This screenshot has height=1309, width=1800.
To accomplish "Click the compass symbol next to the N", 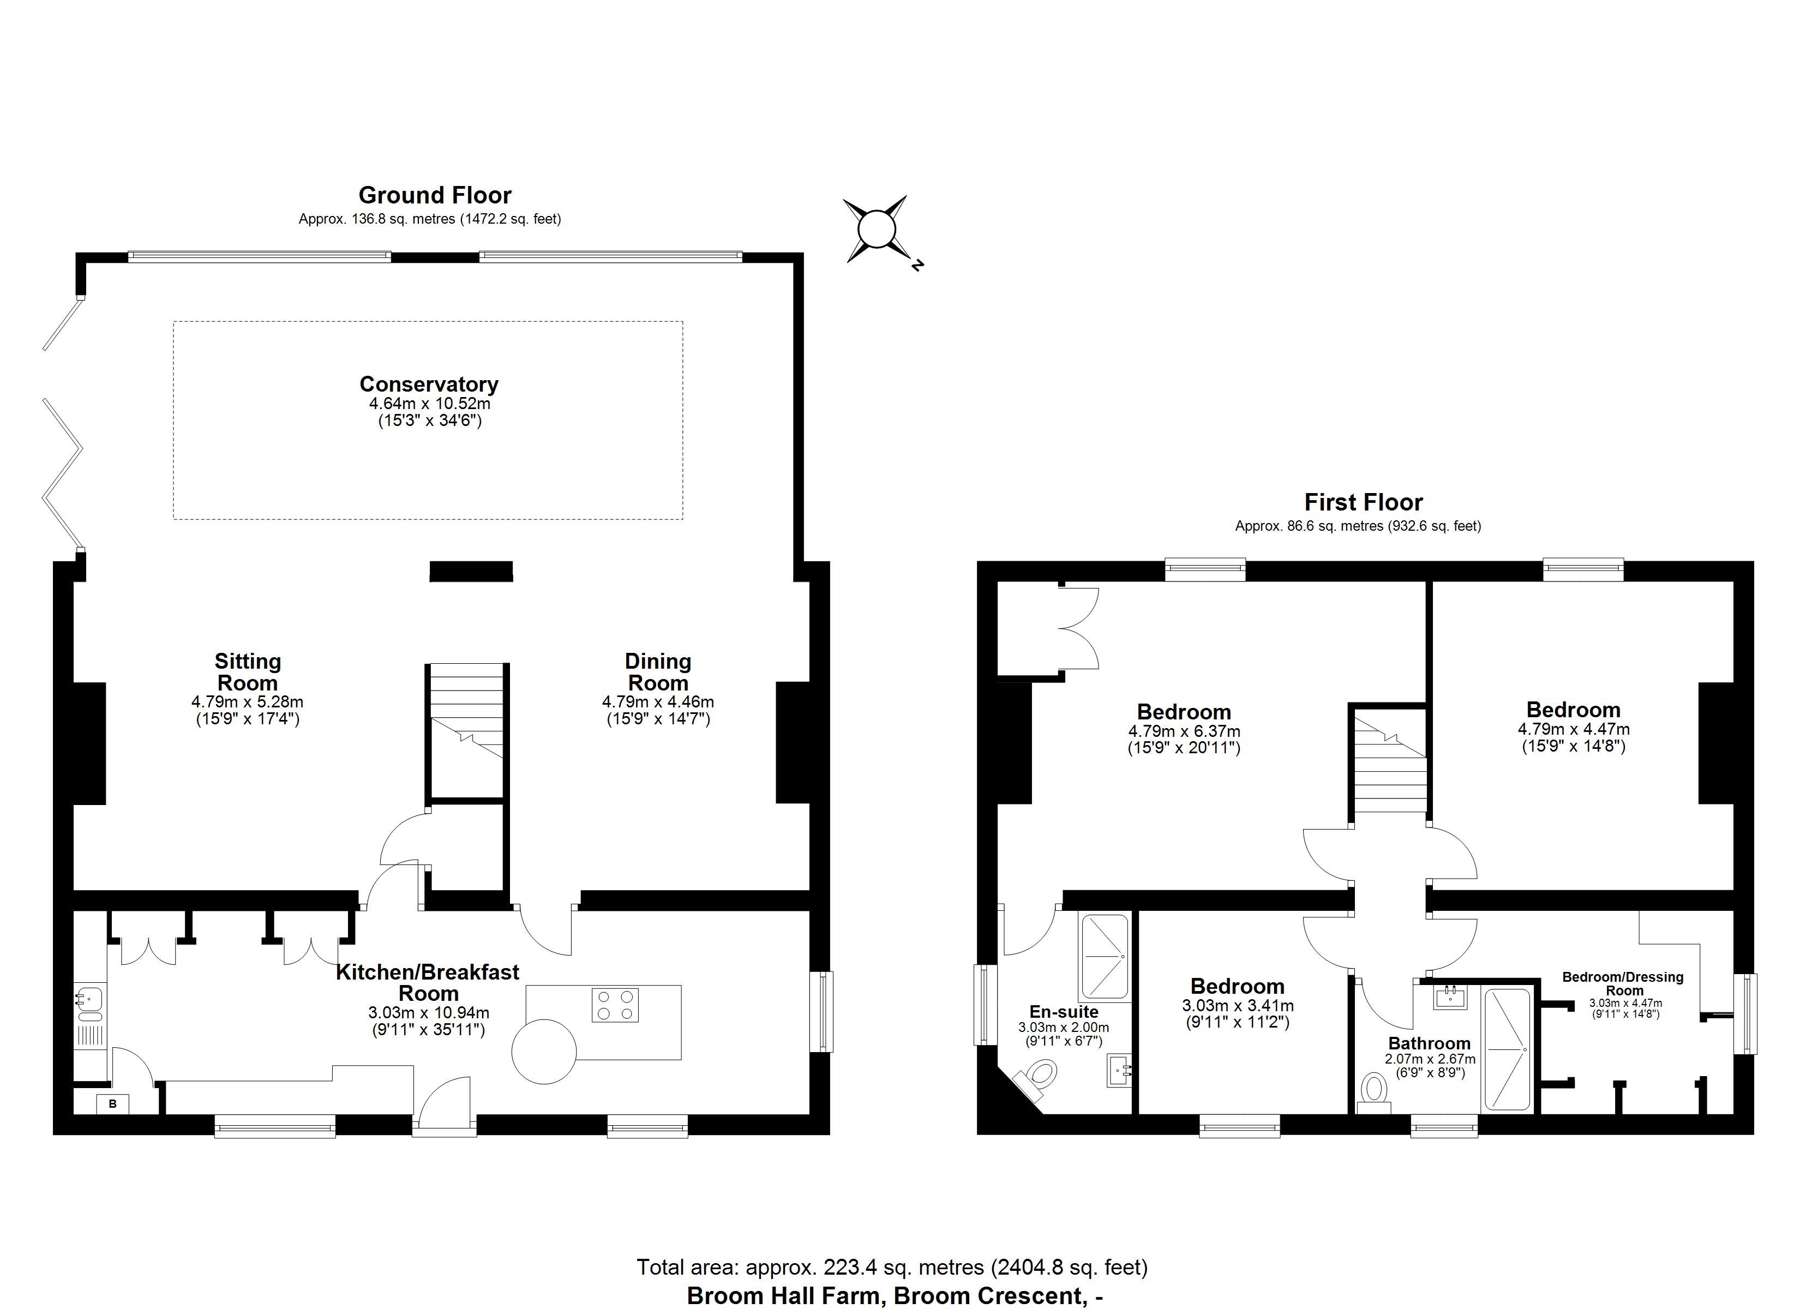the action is [875, 230].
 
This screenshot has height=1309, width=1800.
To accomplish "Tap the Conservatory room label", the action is [429, 384].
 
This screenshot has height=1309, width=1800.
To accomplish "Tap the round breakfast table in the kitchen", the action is [544, 1051].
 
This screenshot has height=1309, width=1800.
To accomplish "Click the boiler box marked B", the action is [113, 1103].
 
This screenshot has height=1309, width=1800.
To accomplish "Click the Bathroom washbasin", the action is [1451, 996].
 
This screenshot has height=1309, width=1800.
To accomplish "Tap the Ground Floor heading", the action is [435, 195].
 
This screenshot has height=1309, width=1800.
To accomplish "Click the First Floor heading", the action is [1364, 502].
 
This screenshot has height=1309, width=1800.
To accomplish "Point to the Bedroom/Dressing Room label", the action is [1623, 983].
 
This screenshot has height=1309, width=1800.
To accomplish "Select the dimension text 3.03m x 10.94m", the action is [429, 1013].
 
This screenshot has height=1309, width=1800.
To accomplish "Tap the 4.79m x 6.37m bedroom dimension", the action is [1184, 731].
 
